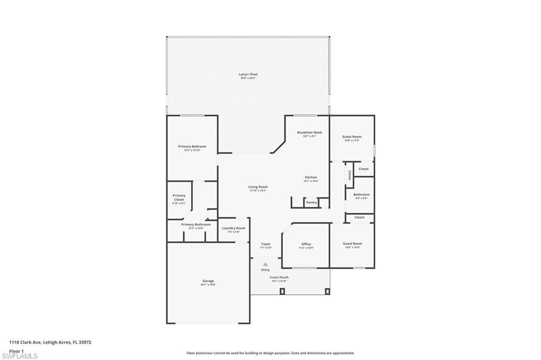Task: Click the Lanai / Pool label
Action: pos(248,74)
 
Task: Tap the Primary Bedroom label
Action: pos(192,146)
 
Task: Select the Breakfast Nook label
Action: pos(310,132)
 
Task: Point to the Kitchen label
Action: pos(311,177)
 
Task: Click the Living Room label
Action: pos(258,187)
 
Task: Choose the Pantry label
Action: pos(311,202)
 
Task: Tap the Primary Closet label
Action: pos(179,197)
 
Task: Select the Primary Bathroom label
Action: pos(195,224)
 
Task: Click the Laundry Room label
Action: pos(233,228)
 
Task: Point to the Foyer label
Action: pos(266,244)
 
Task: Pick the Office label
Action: pos(306,244)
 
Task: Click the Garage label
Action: pos(208,281)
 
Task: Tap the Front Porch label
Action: pos(279,277)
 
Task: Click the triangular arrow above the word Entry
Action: pos(265,264)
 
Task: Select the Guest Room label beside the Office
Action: pos(352,244)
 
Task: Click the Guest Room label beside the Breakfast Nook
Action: pos(352,137)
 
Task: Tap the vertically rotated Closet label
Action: pos(349,175)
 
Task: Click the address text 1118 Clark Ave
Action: pos(50,342)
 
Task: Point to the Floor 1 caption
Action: pos(16,350)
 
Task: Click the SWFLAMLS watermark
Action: pos(20,356)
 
